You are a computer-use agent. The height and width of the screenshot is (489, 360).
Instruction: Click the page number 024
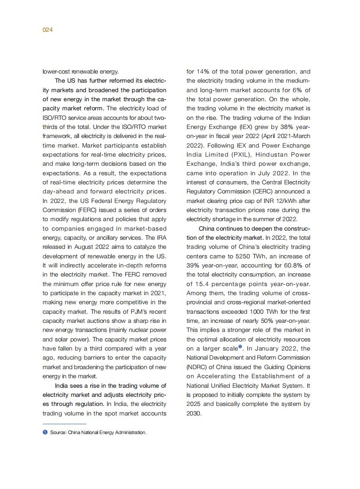pos(48,30)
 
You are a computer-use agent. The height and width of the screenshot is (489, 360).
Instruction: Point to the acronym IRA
pos(161,237)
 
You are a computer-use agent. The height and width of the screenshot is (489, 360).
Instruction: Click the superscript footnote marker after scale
pos(240,347)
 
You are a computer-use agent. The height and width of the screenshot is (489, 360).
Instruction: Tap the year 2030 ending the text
pos(193,413)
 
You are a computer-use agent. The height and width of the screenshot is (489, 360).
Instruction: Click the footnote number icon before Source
pos(45,432)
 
